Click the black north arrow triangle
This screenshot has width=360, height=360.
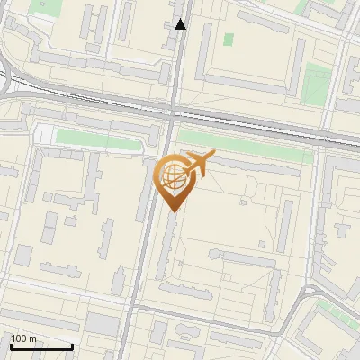(x=181, y=24)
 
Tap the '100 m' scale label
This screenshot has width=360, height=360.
(x=24, y=338)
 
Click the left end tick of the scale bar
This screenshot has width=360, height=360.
(x=11, y=346)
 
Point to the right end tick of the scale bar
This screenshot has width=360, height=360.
(x=72, y=346)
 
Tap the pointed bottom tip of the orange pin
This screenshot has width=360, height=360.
(x=173, y=211)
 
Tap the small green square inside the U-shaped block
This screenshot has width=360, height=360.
(x=229, y=40)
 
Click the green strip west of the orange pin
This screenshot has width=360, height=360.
(x=99, y=139)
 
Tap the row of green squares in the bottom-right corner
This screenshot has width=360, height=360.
(x=337, y=311)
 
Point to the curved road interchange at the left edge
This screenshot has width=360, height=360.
(x=7, y=81)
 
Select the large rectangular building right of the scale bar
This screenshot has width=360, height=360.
(x=104, y=323)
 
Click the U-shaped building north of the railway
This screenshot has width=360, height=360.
(x=243, y=54)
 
